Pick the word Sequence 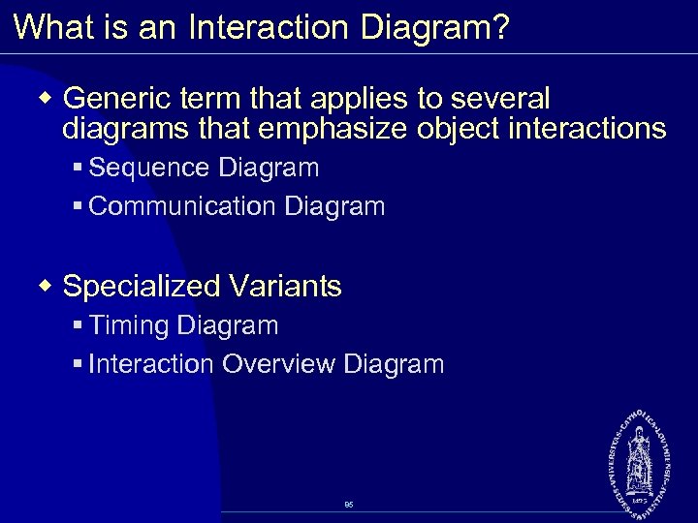149,168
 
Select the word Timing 128,325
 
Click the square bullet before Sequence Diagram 78,169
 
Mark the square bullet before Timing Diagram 78,326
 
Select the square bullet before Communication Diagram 78,207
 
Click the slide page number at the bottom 348,505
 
